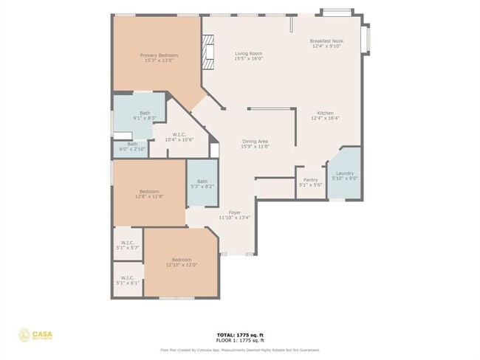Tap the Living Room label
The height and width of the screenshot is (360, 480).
point(248,56)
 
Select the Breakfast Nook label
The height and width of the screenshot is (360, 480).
point(326,44)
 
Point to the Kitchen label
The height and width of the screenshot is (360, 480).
point(325,115)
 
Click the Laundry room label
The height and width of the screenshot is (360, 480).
point(344,176)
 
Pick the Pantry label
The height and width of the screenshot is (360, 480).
point(310,182)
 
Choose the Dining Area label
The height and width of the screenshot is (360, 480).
point(255,144)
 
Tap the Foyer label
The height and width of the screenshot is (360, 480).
point(234,215)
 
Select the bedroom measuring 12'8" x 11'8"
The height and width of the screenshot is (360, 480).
point(148,194)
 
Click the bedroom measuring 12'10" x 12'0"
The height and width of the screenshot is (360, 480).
point(182,262)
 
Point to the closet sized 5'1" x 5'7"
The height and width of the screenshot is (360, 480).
point(127,246)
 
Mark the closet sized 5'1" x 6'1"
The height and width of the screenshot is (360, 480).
point(127,280)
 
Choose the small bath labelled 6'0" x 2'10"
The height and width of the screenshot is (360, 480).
point(132,146)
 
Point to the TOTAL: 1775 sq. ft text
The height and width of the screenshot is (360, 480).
point(239,334)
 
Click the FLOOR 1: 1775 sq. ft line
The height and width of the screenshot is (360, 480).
point(239,340)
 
